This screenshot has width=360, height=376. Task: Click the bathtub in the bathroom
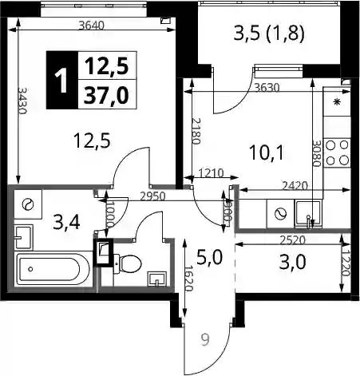[53, 269]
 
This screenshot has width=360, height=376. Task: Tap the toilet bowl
[129, 263]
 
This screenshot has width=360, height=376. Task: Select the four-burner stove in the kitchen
[337, 153]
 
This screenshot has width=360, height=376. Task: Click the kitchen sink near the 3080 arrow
[308, 214]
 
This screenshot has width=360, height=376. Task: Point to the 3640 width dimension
[92, 26]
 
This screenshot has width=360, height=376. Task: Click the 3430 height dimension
[22, 100]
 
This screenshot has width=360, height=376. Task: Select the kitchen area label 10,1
[267, 152]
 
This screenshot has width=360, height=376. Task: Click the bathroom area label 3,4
[66, 223]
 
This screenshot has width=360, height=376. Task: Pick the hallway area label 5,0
[209, 257]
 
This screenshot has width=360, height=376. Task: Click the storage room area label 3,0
[293, 262]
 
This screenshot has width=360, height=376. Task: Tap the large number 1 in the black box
[61, 81]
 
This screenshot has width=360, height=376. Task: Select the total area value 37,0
[106, 95]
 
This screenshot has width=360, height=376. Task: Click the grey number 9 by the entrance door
[205, 340]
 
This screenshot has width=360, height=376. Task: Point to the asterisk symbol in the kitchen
[337, 101]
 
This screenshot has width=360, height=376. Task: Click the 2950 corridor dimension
[152, 196]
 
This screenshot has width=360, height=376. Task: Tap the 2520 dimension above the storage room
[292, 240]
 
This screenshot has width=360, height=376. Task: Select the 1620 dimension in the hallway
[188, 279]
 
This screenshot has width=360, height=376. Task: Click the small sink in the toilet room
[157, 279]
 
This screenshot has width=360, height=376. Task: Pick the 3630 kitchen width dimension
[267, 88]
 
